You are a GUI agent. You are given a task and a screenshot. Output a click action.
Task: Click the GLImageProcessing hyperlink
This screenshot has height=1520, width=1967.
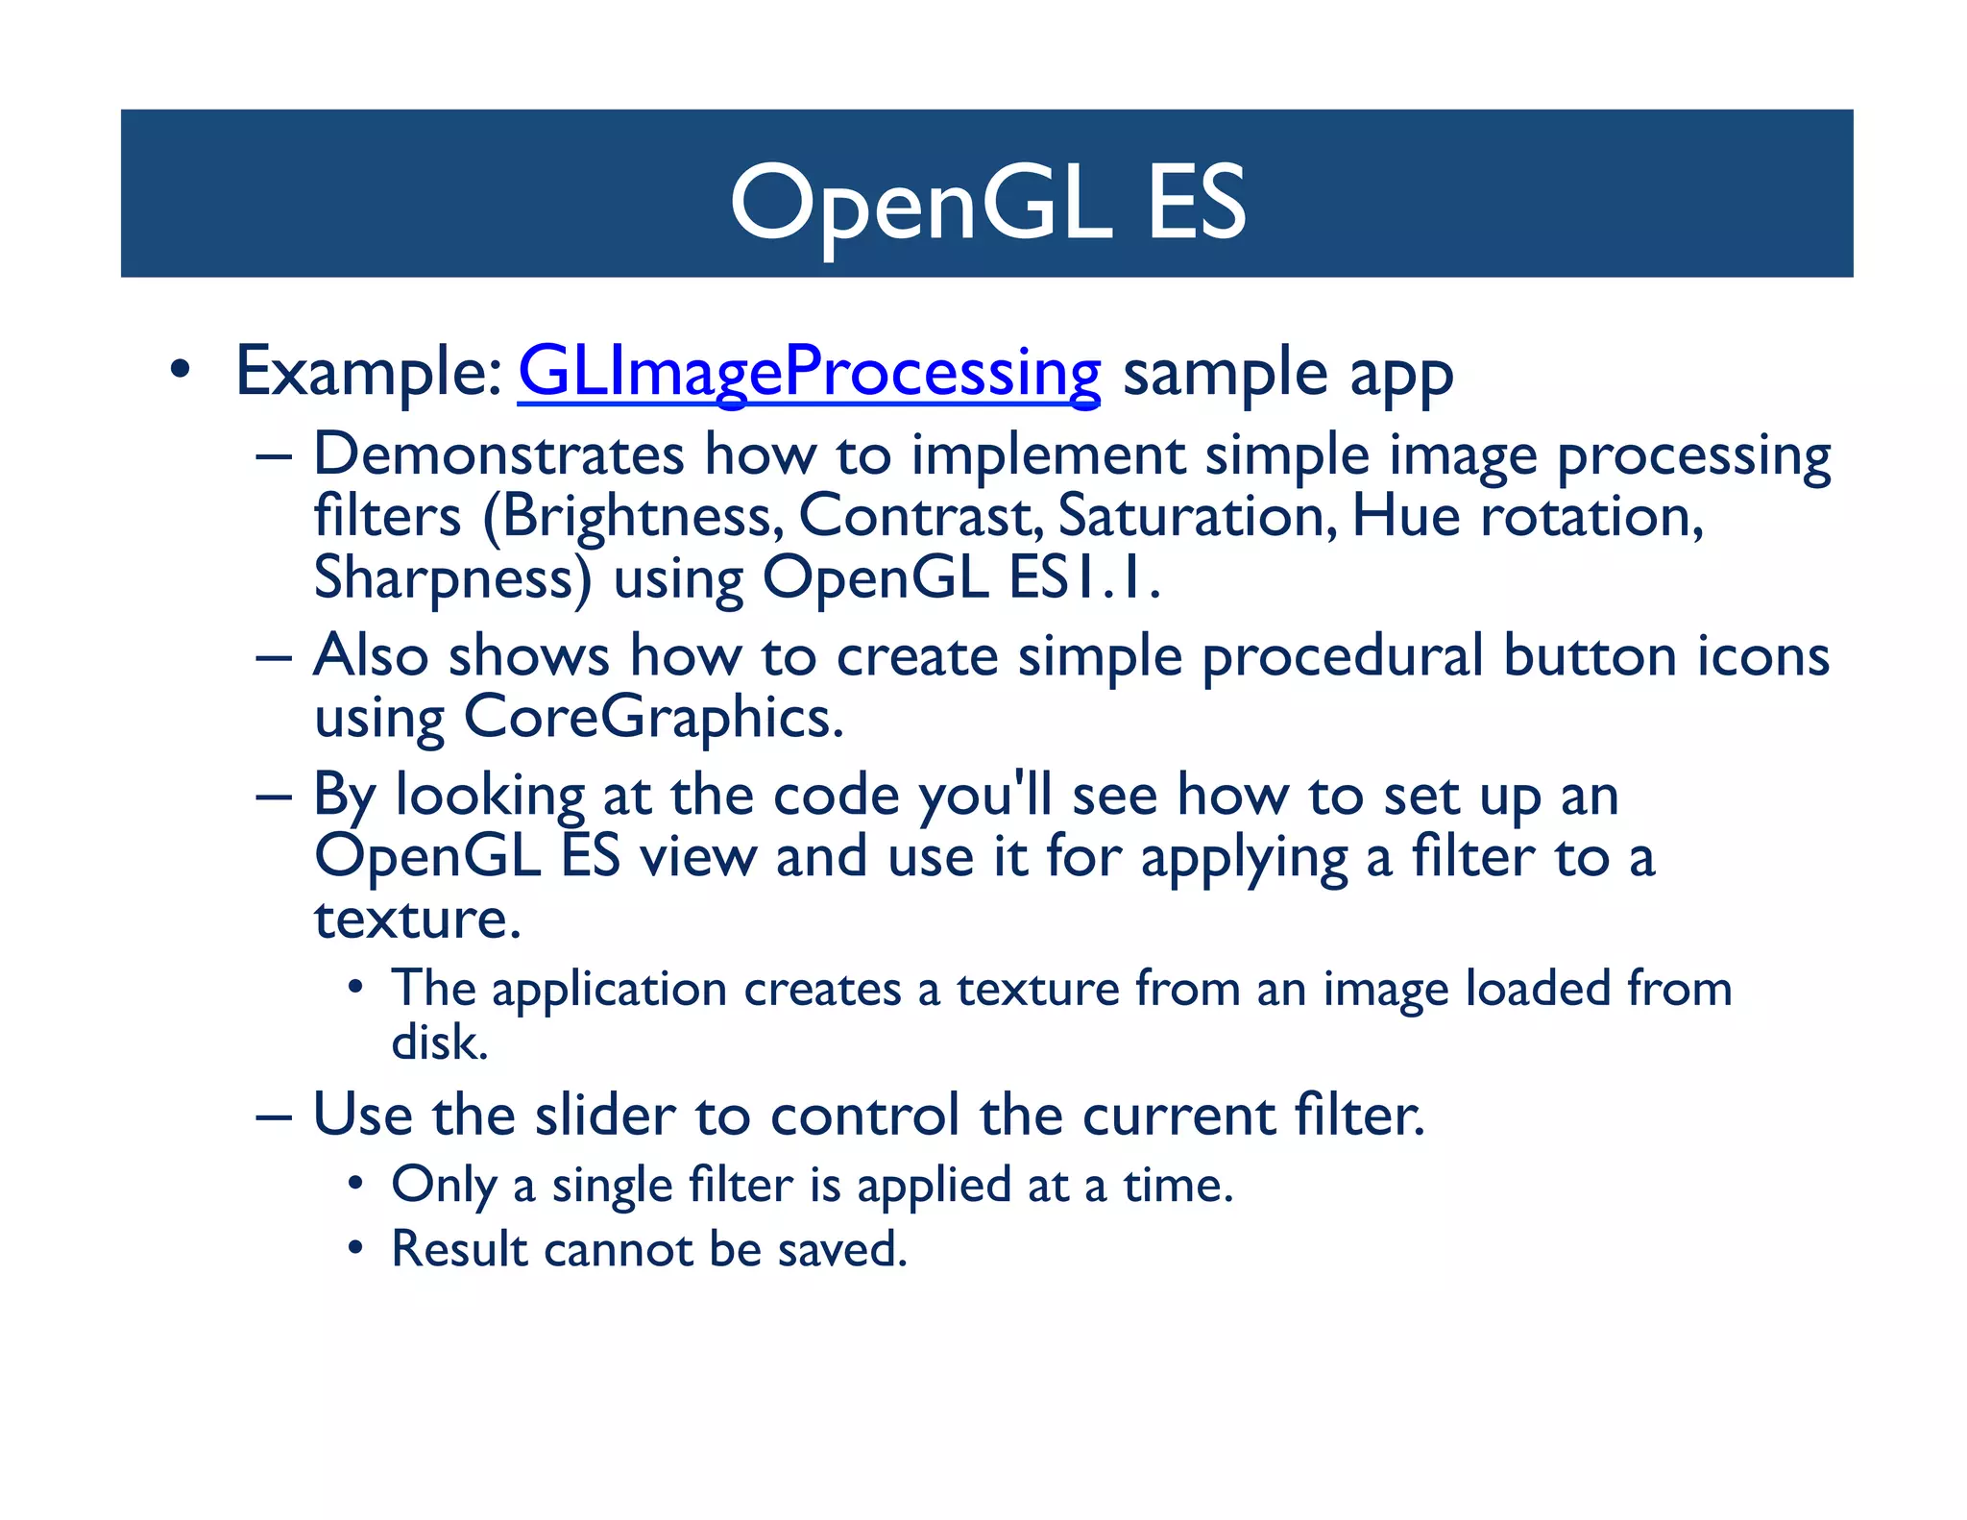[x=809, y=374]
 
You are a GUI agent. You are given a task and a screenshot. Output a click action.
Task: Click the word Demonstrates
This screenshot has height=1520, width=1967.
[x=498, y=455]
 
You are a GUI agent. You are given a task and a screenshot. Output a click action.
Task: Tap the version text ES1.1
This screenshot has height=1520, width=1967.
[x=1084, y=579]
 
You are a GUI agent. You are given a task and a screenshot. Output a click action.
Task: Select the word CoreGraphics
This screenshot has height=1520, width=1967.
[x=653, y=718]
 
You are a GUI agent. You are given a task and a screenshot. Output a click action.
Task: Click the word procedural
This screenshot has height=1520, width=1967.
[x=1343, y=657]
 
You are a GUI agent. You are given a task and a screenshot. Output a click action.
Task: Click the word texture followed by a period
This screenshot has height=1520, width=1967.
[x=418, y=919]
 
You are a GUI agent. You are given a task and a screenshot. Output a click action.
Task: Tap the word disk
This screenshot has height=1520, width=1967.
[x=440, y=1043]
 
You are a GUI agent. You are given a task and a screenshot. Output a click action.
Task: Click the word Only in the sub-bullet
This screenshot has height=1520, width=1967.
[x=443, y=1186]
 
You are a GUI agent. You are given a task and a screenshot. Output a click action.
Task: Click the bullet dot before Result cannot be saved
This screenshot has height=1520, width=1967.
[x=356, y=1249]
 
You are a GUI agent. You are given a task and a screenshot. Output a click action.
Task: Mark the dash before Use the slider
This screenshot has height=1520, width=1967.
[x=273, y=1117]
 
